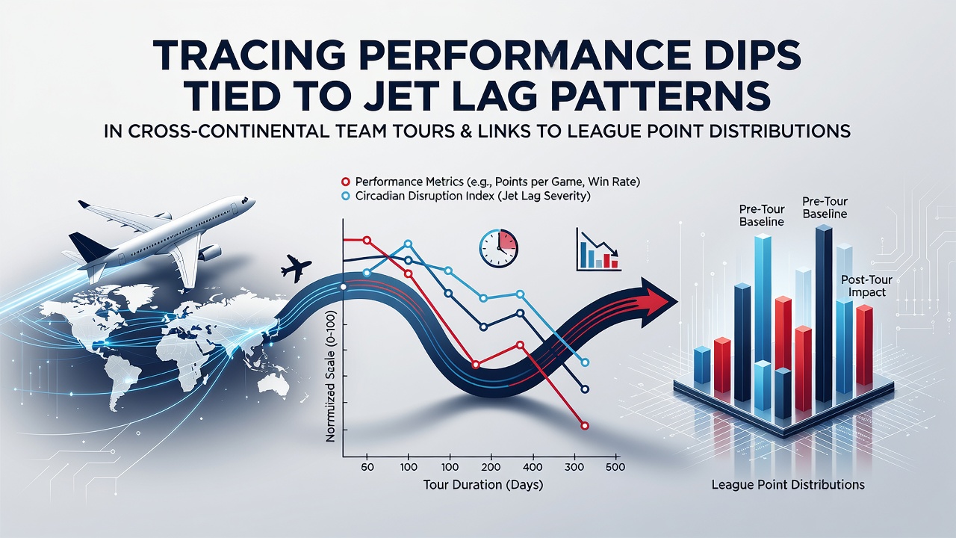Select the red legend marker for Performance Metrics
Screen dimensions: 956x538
point(346,182)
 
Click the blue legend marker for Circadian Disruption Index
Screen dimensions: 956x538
point(346,197)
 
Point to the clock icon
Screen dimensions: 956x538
point(498,249)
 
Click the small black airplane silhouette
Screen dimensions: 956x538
point(296,268)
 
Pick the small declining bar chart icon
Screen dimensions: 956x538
point(598,250)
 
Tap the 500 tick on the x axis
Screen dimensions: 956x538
point(615,467)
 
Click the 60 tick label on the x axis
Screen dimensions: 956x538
point(367,467)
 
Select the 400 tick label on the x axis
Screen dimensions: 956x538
point(533,467)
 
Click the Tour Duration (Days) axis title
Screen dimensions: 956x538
point(483,485)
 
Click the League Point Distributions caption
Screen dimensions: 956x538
point(788,485)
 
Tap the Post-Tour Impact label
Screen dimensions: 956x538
point(867,286)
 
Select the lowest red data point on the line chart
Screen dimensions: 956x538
point(585,426)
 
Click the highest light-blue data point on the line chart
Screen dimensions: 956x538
point(408,244)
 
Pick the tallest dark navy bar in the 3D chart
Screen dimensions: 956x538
point(824,314)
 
